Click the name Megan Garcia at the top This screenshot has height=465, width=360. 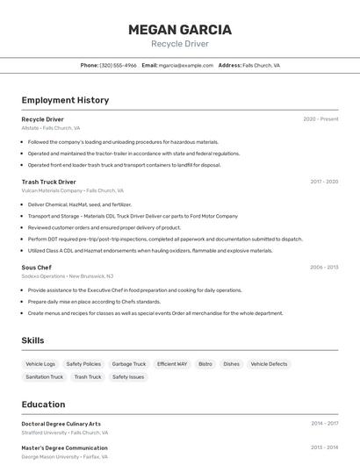[179, 29]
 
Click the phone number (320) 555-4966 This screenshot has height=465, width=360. [118, 65]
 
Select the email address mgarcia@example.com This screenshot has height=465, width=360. [185, 65]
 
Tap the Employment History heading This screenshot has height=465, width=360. [65, 100]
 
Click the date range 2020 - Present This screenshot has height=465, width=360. [320, 119]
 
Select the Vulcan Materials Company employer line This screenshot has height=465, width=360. [72, 190]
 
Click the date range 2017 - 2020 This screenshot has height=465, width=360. [324, 182]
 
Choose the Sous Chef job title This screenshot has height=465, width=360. [36, 267]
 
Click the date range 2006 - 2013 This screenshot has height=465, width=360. [324, 267]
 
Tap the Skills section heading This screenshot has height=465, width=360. [33, 340]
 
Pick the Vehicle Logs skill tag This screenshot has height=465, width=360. [40, 364]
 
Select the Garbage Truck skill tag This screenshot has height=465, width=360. [129, 364]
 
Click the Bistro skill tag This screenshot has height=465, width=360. [205, 364]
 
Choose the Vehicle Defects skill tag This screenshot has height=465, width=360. [269, 364]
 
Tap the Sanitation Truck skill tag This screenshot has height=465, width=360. [45, 377]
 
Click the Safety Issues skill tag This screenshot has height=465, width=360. [128, 377]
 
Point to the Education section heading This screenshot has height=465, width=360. [43, 404]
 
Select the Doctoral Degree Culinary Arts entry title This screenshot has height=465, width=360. [61, 424]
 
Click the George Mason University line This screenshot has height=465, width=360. [64, 457]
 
